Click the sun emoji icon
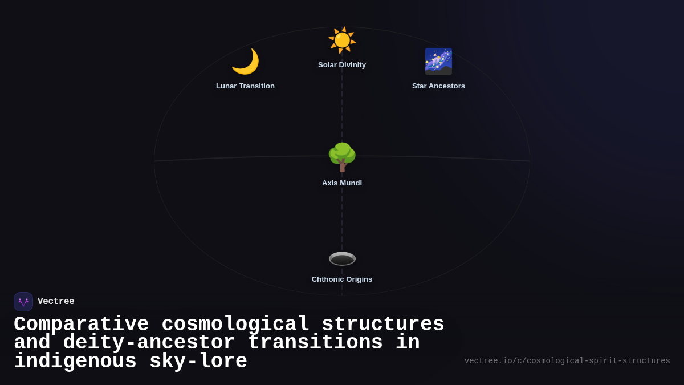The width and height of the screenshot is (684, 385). coord(342,40)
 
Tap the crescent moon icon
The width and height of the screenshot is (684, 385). coord(245,62)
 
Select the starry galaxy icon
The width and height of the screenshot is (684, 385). coord(438,62)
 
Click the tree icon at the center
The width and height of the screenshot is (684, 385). coord(342,157)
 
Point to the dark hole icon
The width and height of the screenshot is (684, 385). coord(342,258)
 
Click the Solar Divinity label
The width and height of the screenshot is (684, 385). coord(342,65)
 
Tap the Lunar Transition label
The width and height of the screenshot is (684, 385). coord(245,86)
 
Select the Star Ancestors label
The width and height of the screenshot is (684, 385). coord(438,86)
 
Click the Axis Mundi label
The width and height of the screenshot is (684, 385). coord(342,183)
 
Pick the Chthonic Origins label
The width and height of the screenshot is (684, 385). coord(342,279)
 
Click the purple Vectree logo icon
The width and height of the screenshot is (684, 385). coord(23,302)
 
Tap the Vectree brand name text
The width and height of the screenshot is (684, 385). coord(56,302)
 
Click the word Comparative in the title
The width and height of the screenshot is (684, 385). coord(81,325)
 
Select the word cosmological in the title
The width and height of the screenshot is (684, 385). coord(235,325)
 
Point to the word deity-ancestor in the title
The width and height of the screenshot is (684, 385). coord(149,343)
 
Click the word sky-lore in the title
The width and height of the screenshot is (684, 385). coord(198,362)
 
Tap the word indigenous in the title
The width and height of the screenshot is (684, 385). coord(75,362)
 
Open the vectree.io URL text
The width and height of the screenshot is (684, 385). coord(567,361)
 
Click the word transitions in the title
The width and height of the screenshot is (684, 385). coord(315,343)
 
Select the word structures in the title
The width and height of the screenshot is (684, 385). coord(383,325)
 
